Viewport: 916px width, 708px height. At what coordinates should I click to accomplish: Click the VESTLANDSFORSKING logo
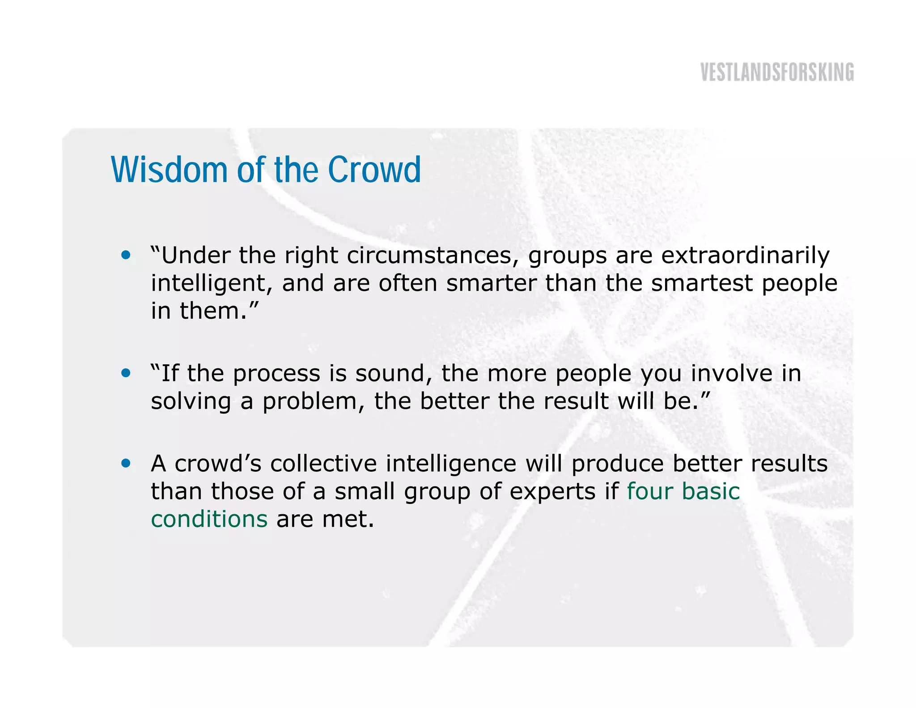[x=777, y=73]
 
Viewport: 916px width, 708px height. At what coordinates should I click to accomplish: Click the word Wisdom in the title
[x=170, y=170]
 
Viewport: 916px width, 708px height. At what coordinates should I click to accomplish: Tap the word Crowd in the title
[x=374, y=170]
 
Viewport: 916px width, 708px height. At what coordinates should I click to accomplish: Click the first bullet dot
[x=126, y=255]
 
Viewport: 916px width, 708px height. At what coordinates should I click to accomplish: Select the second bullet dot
[x=126, y=373]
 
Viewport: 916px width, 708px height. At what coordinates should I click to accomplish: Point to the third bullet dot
[x=126, y=463]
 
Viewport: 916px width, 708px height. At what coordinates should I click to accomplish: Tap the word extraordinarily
[x=745, y=256]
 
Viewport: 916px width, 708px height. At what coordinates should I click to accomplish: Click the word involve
[x=732, y=373]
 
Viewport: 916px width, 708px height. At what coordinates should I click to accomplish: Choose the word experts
[x=553, y=492]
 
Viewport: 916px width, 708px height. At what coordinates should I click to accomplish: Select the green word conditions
[x=209, y=519]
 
